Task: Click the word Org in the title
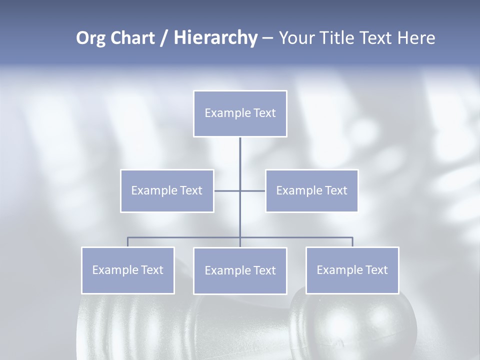[x=90, y=38]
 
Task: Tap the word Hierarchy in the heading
[x=215, y=38]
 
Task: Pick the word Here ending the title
[x=416, y=38]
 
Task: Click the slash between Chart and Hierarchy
[x=164, y=38]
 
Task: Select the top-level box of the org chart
[x=240, y=113]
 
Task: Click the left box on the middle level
[x=167, y=190]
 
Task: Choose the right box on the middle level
[x=311, y=190]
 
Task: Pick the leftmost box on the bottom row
[x=127, y=270]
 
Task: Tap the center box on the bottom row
[x=240, y=271]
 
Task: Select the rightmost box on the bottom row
[x=352, y=270]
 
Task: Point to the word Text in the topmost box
[x=265, y=113]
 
